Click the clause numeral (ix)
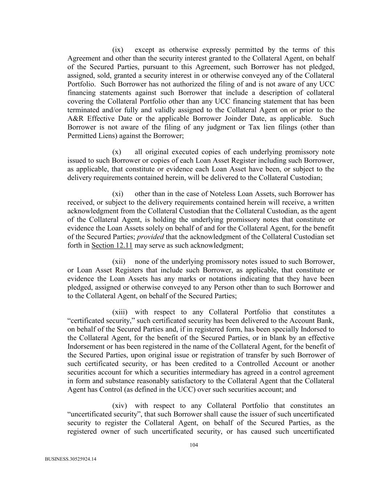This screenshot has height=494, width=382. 118,50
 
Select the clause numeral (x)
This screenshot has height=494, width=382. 117,152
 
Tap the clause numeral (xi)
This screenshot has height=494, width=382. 118,194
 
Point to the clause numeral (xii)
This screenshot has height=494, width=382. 119,261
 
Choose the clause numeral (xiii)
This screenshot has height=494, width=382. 120,312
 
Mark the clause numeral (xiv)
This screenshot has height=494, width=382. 120,406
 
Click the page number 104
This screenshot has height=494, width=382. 194,445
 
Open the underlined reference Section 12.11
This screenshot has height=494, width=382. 112,246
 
